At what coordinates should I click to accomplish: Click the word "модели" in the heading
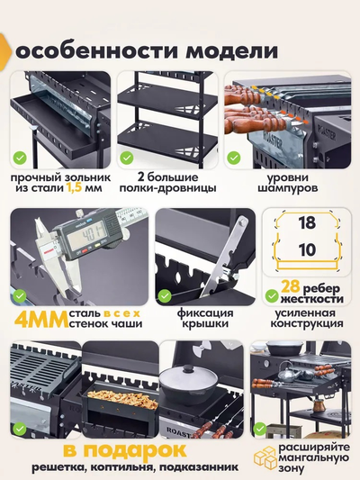[231, 51]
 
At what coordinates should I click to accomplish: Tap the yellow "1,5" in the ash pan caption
[74, 187]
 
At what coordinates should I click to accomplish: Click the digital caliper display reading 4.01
[85, 237]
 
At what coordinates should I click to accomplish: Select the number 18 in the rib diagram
[307, 222]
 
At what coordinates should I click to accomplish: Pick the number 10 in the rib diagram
[307, 249]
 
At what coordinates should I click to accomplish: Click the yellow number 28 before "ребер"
[291, 287]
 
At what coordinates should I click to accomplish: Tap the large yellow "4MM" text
[41, 320]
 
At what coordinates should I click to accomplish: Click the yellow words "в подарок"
[125, 450]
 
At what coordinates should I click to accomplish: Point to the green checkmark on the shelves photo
[127, 158]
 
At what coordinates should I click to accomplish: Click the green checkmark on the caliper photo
[20, 296]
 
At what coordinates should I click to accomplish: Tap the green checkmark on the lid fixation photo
[165, 296]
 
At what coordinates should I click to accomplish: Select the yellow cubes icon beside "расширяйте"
[265, 458]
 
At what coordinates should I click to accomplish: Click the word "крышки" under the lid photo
[205, 324]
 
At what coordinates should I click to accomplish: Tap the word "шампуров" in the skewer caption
[288, 187]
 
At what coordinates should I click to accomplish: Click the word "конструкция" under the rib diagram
[307, 323]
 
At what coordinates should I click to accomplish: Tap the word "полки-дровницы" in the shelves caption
[167, 187]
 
